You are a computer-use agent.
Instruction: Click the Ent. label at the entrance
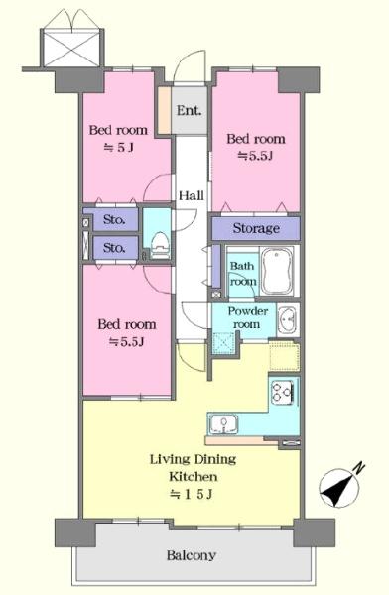tap(189, 111)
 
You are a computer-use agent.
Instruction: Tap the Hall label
tap(192, 195)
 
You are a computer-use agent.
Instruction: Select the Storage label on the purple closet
tap(256, 228)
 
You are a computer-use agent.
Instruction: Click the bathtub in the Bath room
tap(278, 271)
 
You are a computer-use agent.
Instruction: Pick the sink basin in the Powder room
tap(287, 320)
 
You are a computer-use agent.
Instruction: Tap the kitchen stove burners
tap(282, 392)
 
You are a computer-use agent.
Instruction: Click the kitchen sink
tap(224, 423)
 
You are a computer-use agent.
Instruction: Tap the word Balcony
tap(192, 556)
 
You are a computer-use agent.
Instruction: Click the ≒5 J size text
tap(119, 147)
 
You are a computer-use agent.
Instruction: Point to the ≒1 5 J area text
tap(191, 494)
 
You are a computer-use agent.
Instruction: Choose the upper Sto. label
tap(114, 219)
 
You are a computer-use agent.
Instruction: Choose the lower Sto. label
tap(114, 248)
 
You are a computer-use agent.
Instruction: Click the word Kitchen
tap(194, 476)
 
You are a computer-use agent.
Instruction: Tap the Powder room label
tap(247, 318)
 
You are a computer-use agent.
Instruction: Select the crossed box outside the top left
tap(71, 49)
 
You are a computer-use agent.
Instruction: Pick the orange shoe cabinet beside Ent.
tap(164, 111)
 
